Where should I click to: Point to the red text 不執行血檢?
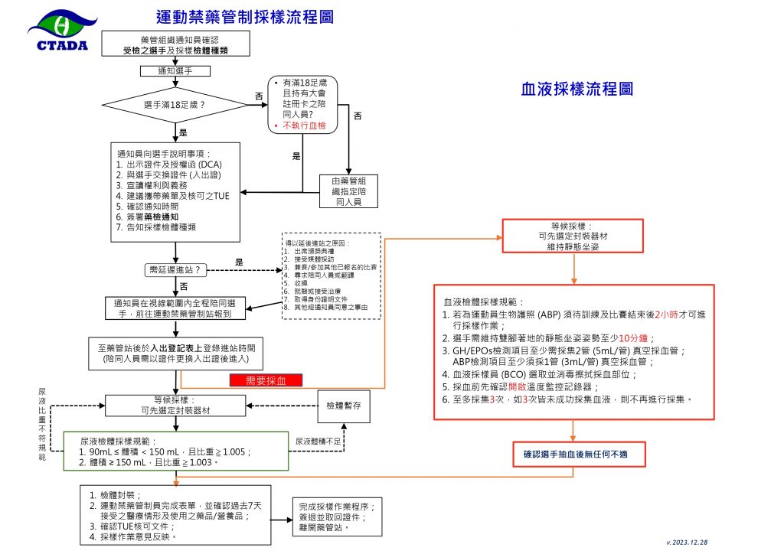(x=305, y=125)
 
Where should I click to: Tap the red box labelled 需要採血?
(x=266, y=380)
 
